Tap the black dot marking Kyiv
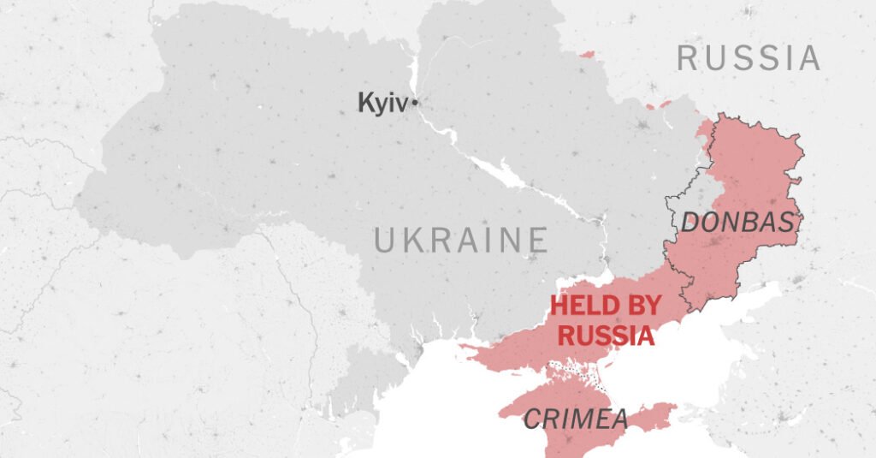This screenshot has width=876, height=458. tap(415, 103)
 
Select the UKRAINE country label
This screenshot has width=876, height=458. tap(460, 241)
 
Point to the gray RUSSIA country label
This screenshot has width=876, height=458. tap(749, 58)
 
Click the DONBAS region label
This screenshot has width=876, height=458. tap(737, 223)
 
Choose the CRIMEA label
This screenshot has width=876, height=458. tap(575, 419)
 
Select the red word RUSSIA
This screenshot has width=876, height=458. tap(606, 335)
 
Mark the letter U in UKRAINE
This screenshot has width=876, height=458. tap(384, 241)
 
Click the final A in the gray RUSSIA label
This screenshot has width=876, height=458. tap(808, 58)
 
